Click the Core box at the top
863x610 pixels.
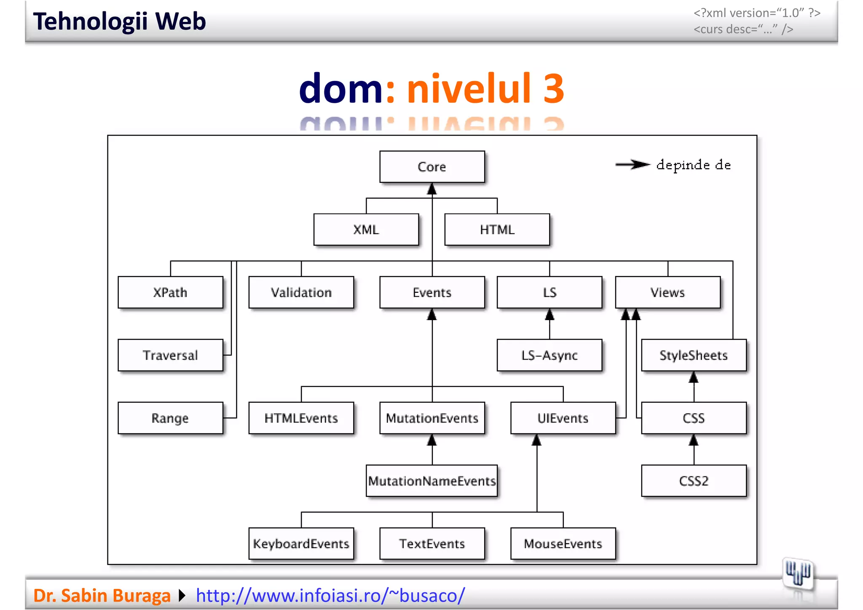(x=432, y=167)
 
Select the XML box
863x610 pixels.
(x=366, y=230)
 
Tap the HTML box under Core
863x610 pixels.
(x=497, y=230)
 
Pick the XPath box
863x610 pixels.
(x=170, y=292)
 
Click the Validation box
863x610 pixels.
(x=301, y=292)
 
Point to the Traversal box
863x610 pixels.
(x=170, y=355)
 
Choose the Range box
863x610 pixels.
(x=170, y=418)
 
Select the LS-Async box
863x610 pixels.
(x=549, y=355)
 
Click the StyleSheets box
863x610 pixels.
(x=694, y=355)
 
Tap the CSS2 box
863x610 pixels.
(x=694, y=481)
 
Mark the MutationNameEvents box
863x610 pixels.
(x=432, y=481)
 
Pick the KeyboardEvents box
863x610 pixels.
(x=301, y=543)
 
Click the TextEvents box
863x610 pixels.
(x=432, y=543)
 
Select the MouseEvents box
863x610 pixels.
(x=563, y=543)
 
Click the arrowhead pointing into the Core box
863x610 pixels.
(x=432, y=189)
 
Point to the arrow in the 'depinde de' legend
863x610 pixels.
(x=632, y=165)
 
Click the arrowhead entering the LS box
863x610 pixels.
(x=549, y=315)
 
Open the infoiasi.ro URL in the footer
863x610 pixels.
(x=330, y=595)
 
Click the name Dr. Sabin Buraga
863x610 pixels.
(x=102, y=595)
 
